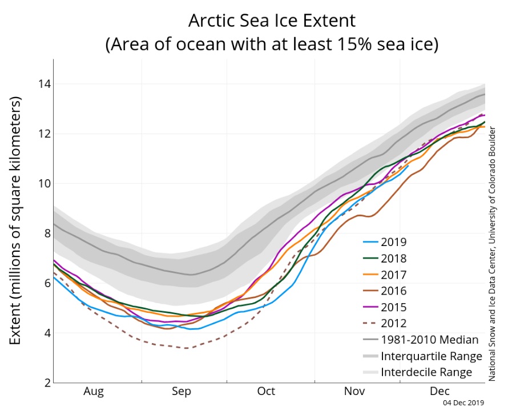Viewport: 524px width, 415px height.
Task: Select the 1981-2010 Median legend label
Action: [x=429, y=340]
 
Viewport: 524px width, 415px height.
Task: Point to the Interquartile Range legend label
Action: [x=432, y=356]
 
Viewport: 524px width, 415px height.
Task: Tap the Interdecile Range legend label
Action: [x=427, y=372]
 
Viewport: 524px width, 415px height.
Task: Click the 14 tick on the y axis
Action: [x=41, y=84]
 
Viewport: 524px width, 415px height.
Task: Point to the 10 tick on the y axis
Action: [x=41, y=184]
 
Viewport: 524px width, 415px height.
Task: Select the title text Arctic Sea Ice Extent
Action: [x=272, y=21]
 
